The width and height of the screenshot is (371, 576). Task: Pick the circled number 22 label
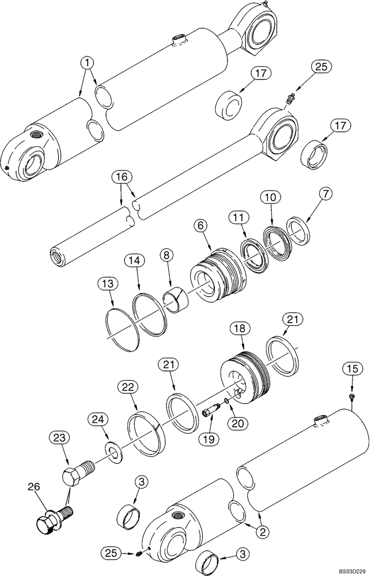pyautogui.click(x=127, y=388)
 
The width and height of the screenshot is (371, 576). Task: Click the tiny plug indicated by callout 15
pyautogui.click(x=351, y=398)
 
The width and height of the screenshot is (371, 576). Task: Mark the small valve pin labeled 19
pyautogui.click(x=211, y=413)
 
